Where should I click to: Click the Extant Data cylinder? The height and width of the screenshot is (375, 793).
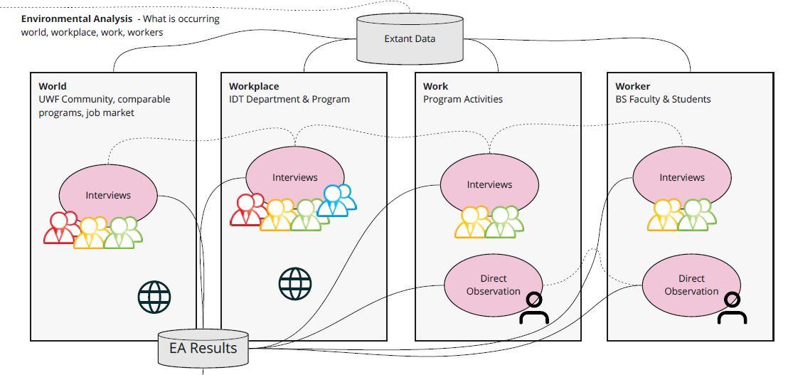[x=410, y=38]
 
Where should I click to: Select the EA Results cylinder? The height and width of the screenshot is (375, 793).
[x=203, y=348]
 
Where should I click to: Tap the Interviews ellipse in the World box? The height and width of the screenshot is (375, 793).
[x=108, y=194]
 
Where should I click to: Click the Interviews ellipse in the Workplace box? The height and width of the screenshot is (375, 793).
[x=294, y=177]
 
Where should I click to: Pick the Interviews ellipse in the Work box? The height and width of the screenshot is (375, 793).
[x=489, y=184]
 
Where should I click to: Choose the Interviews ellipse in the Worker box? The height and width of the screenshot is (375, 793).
[x=681, y=177]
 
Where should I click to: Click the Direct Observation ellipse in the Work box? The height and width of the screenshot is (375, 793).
[x=493, y=285]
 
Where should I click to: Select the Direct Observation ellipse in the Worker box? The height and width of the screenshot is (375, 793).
[x=691, y=285]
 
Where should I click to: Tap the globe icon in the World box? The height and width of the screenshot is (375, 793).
[x=154, y=297]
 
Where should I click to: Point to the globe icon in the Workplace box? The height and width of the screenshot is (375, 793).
[x=295, y=284]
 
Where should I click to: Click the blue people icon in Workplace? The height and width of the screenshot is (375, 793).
[x=336, y=201]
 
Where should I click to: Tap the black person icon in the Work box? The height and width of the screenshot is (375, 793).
[x=534, y=309]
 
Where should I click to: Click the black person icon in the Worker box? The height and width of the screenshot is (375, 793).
[x=732, y=309]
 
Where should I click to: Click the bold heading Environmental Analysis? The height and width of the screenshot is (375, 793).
[x=76, y=19]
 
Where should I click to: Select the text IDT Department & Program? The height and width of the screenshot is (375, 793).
[x=289, y=99]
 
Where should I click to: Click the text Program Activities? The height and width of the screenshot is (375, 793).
[x=462, y=99]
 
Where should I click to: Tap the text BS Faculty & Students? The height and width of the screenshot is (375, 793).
[x=663, y=99]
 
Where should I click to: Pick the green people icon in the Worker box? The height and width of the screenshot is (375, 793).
[x=696, y=216]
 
